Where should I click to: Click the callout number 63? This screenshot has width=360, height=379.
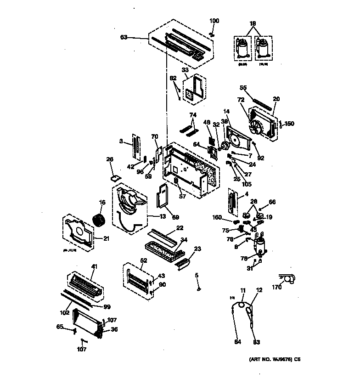(x=123, y=38)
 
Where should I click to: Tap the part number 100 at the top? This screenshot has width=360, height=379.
(x=214, y=21)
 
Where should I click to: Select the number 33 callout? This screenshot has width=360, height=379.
(x=185, y=70)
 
